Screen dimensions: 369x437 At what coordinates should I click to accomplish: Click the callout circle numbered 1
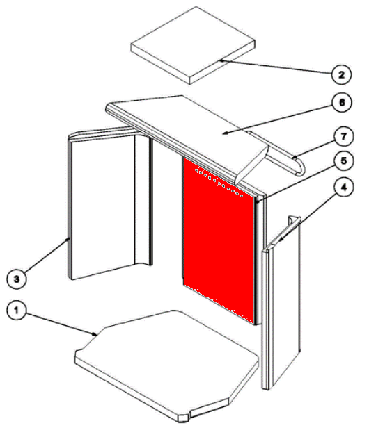[16, 310]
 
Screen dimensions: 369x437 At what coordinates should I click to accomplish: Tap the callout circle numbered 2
[341, 74]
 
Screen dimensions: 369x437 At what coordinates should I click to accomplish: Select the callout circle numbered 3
[17, 279]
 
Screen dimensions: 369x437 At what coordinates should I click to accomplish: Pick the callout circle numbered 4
[344, 187]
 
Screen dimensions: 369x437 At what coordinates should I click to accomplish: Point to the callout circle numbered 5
[344, 160]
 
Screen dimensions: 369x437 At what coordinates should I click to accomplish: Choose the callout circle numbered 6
[342, 102]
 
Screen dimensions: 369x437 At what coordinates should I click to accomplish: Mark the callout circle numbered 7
[343, 136]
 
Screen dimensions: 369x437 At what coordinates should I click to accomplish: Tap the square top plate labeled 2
[193, 45]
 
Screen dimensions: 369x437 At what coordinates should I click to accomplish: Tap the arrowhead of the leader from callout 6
[225, 133]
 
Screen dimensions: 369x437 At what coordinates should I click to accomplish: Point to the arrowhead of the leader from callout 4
[280, 239]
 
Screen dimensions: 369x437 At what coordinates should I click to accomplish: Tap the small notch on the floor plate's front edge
[184, 418]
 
